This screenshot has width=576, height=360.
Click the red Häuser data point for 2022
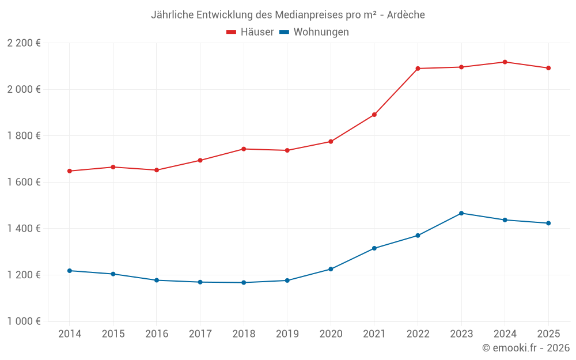tap(418, 69)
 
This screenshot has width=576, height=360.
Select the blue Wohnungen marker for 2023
tap(461, 213)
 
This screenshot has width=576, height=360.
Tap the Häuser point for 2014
tap(69, 171)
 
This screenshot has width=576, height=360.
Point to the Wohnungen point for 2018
tap(244, 283)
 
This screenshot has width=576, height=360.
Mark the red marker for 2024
tap(505, 62)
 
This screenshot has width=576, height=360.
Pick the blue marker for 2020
tap(331, 269)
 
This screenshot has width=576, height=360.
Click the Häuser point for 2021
tap(374, 115)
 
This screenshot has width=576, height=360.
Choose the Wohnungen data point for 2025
tap(548, 223)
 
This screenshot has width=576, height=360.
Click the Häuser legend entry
tap(250, 32)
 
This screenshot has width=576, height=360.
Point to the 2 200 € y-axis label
tap(24, 43)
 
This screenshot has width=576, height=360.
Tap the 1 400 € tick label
tap(24, 229)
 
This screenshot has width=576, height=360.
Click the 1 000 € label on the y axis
tap(24, 321)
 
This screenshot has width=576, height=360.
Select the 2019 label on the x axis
tap(287, 334)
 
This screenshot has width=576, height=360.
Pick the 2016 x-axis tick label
tap(157, 334)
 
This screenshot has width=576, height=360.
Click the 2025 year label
tap(548, 334)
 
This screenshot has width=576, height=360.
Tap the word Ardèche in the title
tap(406, 15)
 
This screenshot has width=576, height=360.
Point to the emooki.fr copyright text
tap(526, 348)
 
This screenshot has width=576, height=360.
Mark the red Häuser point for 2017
tap(200, 160)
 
